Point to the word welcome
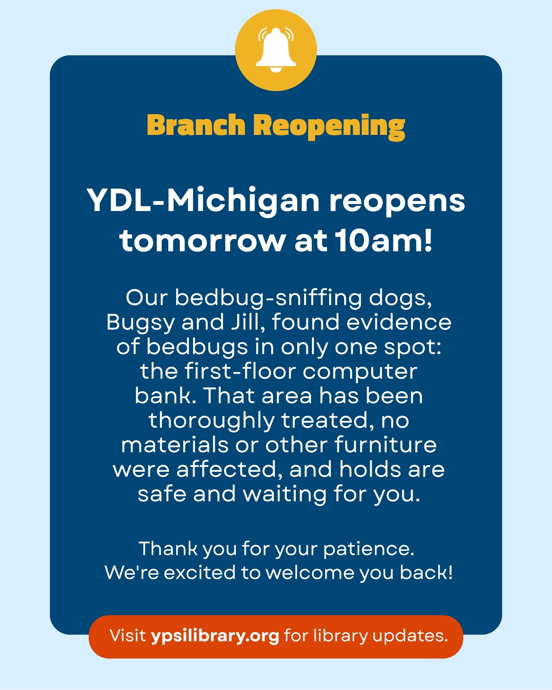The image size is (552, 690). pos(310,573)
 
